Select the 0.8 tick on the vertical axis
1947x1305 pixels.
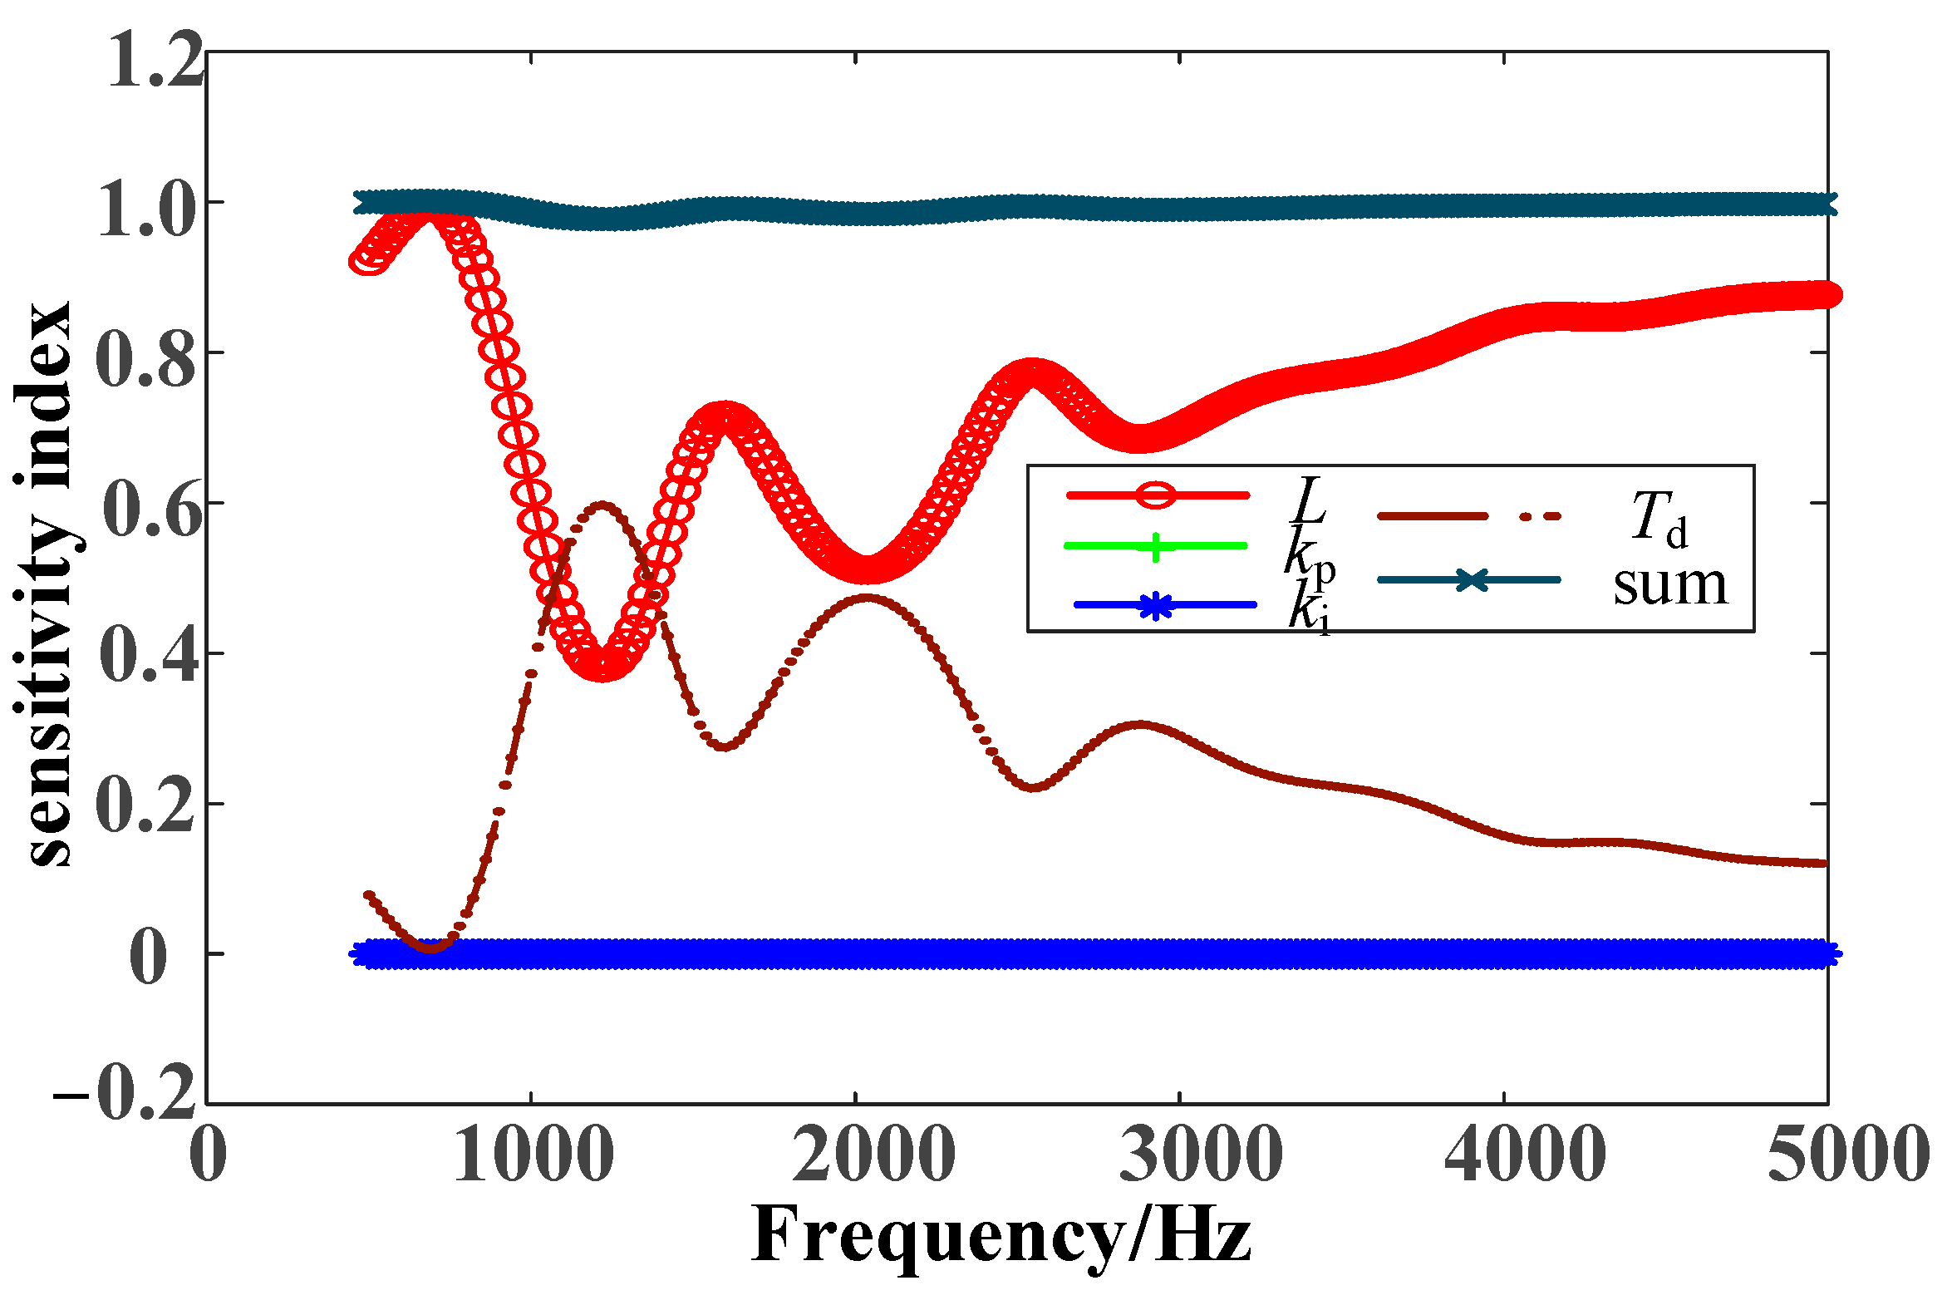tap(148, 360)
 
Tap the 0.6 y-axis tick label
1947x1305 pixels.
tap(151, 510)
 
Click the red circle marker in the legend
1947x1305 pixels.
tap(1156, 495)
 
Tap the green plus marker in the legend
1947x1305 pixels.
tap(1156, 547)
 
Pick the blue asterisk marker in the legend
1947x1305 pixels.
tap(1156, 605)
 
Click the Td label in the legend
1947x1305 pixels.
tap(1659, 520)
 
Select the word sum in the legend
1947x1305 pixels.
tap(1670, 585)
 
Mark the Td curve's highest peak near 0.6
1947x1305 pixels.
tap(601, 505)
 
